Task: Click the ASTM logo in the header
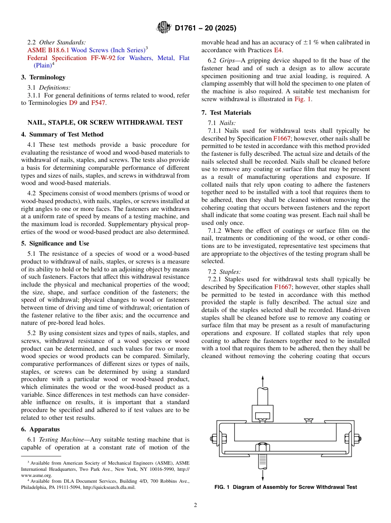[164, 28]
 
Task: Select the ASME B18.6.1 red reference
[48, 50]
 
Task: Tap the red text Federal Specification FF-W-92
[71, 58]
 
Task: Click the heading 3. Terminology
[43, 77]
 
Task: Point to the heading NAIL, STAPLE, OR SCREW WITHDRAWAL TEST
[105, 122]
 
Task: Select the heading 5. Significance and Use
[55, 243]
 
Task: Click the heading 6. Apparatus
[40, 429]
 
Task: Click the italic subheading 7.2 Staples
[230, 271]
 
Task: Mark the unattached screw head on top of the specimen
[308, 420]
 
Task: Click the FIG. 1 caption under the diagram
[286, 487]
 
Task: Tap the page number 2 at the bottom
[195, 505]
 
